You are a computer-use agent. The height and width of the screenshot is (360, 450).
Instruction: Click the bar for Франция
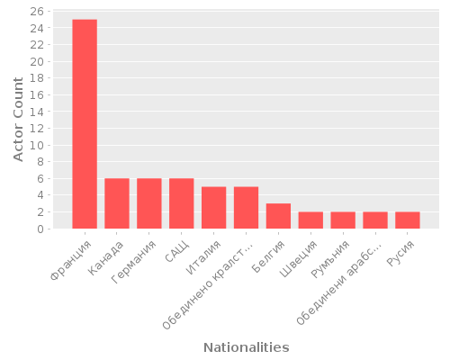(85, 124)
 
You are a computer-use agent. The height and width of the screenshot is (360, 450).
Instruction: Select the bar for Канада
(117, 203)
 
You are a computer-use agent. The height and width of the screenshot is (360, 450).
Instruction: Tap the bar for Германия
(149, 203)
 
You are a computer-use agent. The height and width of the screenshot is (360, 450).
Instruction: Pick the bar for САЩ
(182, 203)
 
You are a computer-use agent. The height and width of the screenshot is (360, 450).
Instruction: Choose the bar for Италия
(214, 208)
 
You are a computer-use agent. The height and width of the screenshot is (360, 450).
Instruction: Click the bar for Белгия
(278, 216)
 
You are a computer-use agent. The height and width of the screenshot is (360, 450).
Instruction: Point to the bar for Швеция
(310, 220)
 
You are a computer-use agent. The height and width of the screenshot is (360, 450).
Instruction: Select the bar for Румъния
(343, 220)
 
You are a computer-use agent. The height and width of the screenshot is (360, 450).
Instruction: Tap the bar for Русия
(408, 220)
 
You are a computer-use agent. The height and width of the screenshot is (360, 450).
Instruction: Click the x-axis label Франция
(71, 256)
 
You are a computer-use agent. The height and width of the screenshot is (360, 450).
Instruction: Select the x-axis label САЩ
(177, 251)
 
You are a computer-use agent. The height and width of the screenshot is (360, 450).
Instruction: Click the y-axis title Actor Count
(19, 120)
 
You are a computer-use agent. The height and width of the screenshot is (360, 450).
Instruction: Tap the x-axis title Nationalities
(246, 347)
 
